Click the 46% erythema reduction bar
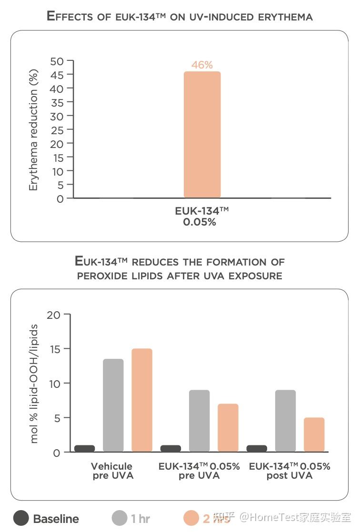click(x=202, y=134)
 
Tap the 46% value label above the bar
click(x=202, y=65)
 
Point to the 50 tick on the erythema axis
click(x=57, y=61)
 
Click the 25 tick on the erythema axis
click(x=57, y=130)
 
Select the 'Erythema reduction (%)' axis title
click(x=33, y=130)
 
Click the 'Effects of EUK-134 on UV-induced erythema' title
click(x=180, y=16)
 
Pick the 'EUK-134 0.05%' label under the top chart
click(x=199, y=216)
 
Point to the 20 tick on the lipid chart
click(x=54, y=315)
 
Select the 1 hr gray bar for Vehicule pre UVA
click(x=113, y=405)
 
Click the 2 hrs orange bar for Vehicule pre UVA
click(x=142, y=400)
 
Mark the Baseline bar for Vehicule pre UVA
click(x=84, y=448)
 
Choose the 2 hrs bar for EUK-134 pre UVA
click(x=228, y=427)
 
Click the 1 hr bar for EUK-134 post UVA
click(x=285, y=421)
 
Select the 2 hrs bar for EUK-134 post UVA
click(x=314, y=434)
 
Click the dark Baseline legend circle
click(x=21, y=518)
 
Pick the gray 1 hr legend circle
click(x=120, y=518)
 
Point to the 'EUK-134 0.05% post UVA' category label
click(x=290, y=471)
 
